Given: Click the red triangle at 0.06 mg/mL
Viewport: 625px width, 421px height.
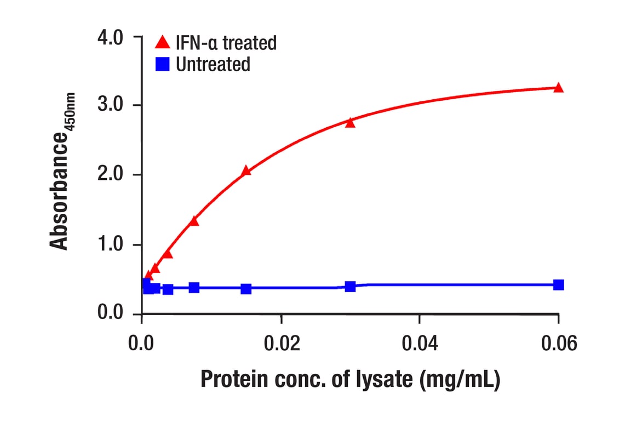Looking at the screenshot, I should pyautogui.click(x=558, y=88).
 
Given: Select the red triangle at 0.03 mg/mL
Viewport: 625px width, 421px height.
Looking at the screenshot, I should pyautogui.click(x=350, y=123).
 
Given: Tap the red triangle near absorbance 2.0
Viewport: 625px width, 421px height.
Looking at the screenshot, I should pyautogui.click(x=246, y=171).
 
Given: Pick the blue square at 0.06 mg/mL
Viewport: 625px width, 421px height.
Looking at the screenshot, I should pyautogui.click(x=558, y=285).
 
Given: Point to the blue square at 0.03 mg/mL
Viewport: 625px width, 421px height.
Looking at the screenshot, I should pyautogui.click(x=350, y=286).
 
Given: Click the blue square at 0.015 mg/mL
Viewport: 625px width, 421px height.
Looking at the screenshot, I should pyautogui.click(x=246, y=289).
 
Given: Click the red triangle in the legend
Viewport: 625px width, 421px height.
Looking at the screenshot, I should pyautogui.click(x=163, y=42).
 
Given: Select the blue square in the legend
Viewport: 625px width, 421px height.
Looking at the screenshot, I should pyautogui.click(x=163, y=64).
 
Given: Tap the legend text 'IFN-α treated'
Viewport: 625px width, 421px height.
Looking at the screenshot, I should pyautogui.click(x=226, y=42).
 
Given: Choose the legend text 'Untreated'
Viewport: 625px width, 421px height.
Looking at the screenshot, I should pyautogui.click(x=213, y=64).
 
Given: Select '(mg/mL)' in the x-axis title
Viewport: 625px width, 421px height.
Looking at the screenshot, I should pyautogui.click(x=460, y=380).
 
